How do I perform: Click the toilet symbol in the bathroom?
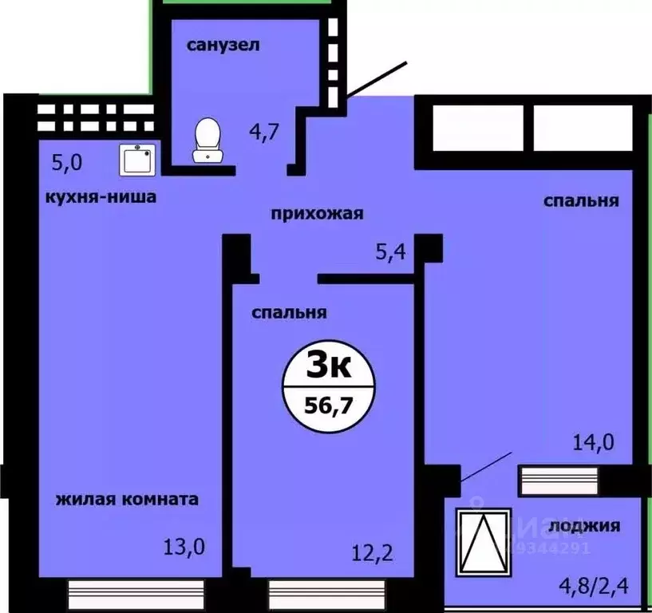coord(207,140)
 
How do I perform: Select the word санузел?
coord(223,45)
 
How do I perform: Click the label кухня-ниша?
coord(101,196)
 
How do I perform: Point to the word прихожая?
coord(317,213)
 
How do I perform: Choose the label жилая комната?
coord(127,500)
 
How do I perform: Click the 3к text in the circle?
coord(329,369)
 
